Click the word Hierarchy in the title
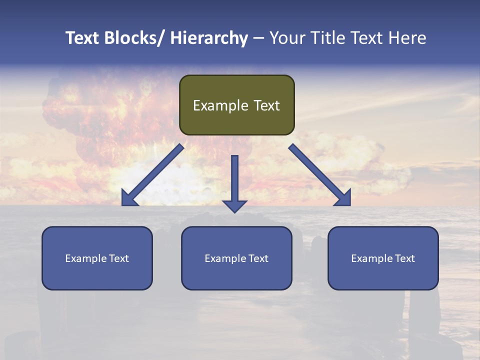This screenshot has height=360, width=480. [208, 38]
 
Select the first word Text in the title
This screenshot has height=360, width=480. [83, 38]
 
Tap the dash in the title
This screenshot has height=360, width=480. [258, 38]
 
